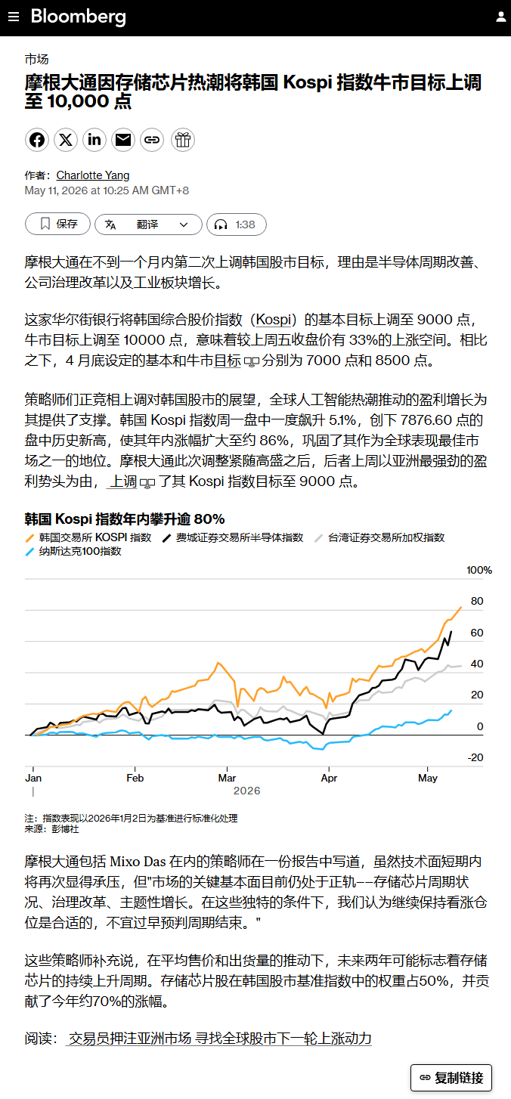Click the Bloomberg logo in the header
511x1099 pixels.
click(x=78, y=17)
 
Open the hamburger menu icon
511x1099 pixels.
click(x=14, y=17)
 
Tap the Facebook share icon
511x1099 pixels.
click(x=37, y=140)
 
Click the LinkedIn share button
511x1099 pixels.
click(x=94, y=140)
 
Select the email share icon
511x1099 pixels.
click(x=123, y=140)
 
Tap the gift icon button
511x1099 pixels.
click(x=183, y=140)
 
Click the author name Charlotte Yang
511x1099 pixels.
click(x=93, y=175)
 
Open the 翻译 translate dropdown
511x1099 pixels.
click(x=148, y=224)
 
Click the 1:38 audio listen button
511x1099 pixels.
click(x=237, y=224)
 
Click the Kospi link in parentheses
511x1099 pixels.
click(x=274, y=320)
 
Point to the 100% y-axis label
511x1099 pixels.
click(x=478, y=570)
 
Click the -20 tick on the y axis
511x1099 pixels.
click(x=475, y=757)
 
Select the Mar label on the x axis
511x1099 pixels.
click(x=227, y=778)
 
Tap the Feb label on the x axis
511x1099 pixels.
click(x=135, y=778)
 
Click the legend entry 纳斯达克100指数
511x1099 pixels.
click(x=73, y=552)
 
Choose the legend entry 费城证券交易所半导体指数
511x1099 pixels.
click(x=233, y=537)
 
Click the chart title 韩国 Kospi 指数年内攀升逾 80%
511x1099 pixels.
click(x=125, y=519)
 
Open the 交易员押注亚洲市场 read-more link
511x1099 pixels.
click(x=219, y=1039)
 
